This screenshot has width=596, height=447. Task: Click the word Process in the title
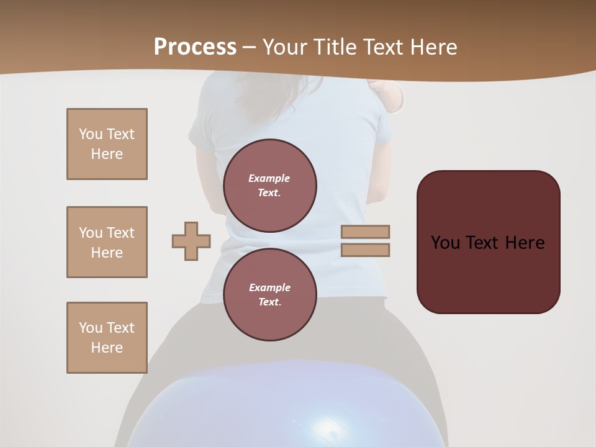pyautogui.click(x=195, y=47)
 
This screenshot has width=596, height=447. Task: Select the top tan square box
pyautogui.click(x=107, y=144)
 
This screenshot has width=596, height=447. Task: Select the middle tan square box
pyautogui.click(x=107, y=242)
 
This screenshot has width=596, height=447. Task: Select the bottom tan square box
pyautogui.click(x=107, y=337)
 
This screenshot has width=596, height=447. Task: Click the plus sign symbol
pyautogui.click(x=191, y=242)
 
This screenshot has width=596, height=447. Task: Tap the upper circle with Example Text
pyautogui.click(x=269, y=186)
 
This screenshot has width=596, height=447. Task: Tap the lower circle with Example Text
pyautogui.click(x=269, y=294)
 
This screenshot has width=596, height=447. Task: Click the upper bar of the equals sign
pyautogui.click(x=365, y=232)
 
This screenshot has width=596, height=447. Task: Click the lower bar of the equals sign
pyautogui.click(x=365, y=250)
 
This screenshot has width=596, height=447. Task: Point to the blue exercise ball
pyautogui.click(x=248, y=410)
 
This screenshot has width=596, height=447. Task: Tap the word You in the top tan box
pyautogui.click(x=91, y=134)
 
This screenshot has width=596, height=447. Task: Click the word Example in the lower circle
pyautogui.click(x=269, y=287)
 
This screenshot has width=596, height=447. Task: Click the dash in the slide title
pyautogui.click(x=250, y=47)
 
